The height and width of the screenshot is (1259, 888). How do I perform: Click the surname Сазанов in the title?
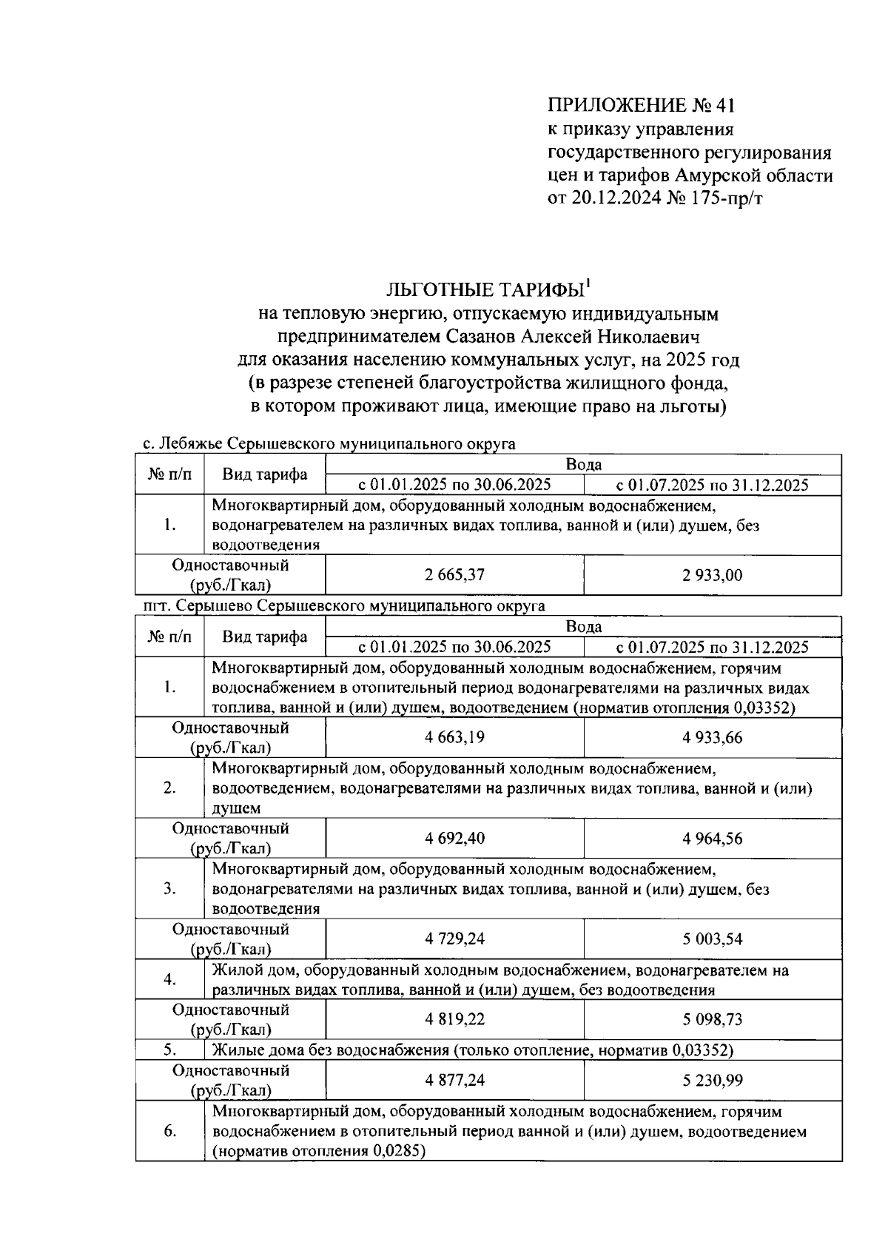[x=483, y=337]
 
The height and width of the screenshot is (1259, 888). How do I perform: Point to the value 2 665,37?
[x=454, y=575]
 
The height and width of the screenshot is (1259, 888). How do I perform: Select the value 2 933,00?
[x=712, y=575]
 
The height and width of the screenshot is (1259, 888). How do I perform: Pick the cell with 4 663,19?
[x=454, y=737]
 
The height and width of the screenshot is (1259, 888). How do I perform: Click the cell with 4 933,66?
[x=712, y=737]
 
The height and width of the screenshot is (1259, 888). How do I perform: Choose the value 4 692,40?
[x=454, y=838]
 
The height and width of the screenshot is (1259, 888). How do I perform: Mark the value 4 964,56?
[x=712, y=838]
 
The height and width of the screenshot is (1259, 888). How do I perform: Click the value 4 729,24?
[x=454, y=939]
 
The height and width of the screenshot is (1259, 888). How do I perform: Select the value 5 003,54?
[x=712, y=939]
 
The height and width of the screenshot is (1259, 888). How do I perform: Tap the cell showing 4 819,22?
[x=454, y=1019]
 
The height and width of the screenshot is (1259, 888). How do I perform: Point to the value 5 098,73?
[x=712, y=1019]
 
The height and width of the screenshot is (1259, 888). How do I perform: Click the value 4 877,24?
[x=454, y=1080]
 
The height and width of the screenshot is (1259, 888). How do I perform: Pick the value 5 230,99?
[x=712, y=1080]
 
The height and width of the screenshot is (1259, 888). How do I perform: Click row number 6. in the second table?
[x=169, y=1131]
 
